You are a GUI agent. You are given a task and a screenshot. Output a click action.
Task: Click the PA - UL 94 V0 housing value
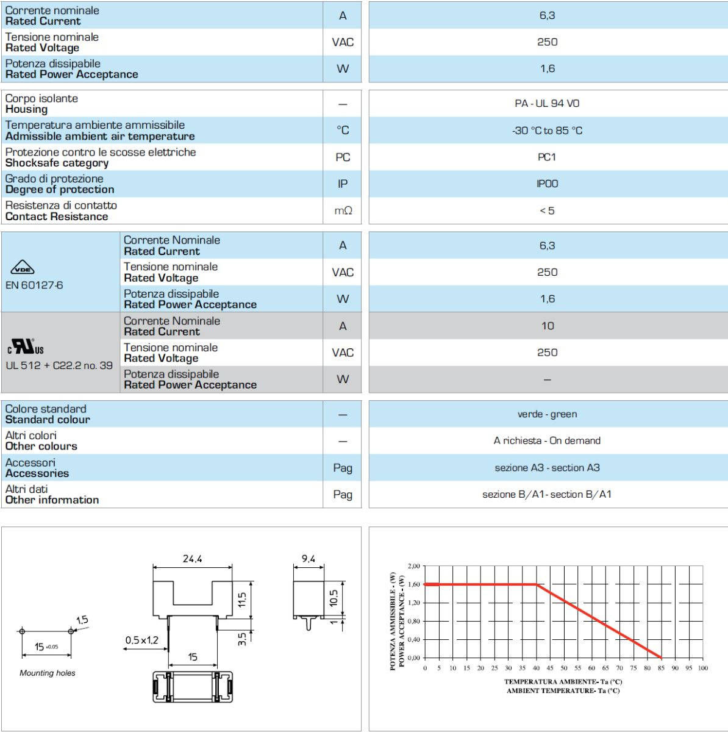pos(547,104)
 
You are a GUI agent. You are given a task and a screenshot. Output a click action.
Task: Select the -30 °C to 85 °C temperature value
pos(547,131)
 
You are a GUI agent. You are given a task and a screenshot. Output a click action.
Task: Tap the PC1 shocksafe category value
pos(547,157)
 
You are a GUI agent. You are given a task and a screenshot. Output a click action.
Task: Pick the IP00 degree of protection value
pos(547,184)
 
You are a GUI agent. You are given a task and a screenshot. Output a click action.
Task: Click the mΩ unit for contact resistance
pos(343,210)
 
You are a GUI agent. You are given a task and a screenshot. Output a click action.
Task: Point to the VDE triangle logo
pos(23,268)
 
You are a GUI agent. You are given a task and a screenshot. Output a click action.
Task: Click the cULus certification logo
pos(26,347)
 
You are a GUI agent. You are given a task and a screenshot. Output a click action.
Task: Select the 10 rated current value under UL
pos(548,326)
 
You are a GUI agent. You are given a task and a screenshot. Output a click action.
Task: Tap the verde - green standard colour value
pos(547,414)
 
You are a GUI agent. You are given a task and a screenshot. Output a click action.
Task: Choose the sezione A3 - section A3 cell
pos(547,468)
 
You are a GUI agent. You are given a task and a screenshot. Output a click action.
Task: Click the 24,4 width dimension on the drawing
pos(192,559)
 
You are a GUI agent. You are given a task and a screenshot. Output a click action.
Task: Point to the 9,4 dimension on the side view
pos(309,559)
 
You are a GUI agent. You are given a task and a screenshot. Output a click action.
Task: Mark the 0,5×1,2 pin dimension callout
pos(142,640)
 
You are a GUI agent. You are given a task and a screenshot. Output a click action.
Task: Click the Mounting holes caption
pos(48,673)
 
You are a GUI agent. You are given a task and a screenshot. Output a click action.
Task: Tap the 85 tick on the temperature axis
pos(662,669)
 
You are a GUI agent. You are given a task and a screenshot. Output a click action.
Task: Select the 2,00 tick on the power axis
pos(413,566)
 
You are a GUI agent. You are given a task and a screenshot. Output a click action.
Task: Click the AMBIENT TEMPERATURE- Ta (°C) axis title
pos(563,691)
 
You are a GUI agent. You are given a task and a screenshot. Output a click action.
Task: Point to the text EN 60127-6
pos(34,285)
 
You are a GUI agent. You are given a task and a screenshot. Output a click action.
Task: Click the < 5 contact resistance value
pos(547,211)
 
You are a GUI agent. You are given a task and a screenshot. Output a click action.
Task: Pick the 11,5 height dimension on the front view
pos(242,600)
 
